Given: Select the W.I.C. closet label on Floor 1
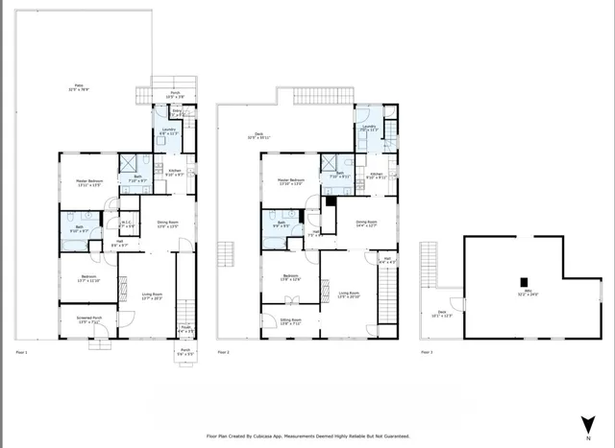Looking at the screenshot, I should click(x=125, y=225).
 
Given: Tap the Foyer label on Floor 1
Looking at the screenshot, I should click(x=184, y=331).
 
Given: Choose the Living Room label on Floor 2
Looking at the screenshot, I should click(x=348, y=295).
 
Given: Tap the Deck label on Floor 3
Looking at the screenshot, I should click(x=441, y=313).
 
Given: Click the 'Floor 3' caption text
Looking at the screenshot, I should click(x=427, y=353).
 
